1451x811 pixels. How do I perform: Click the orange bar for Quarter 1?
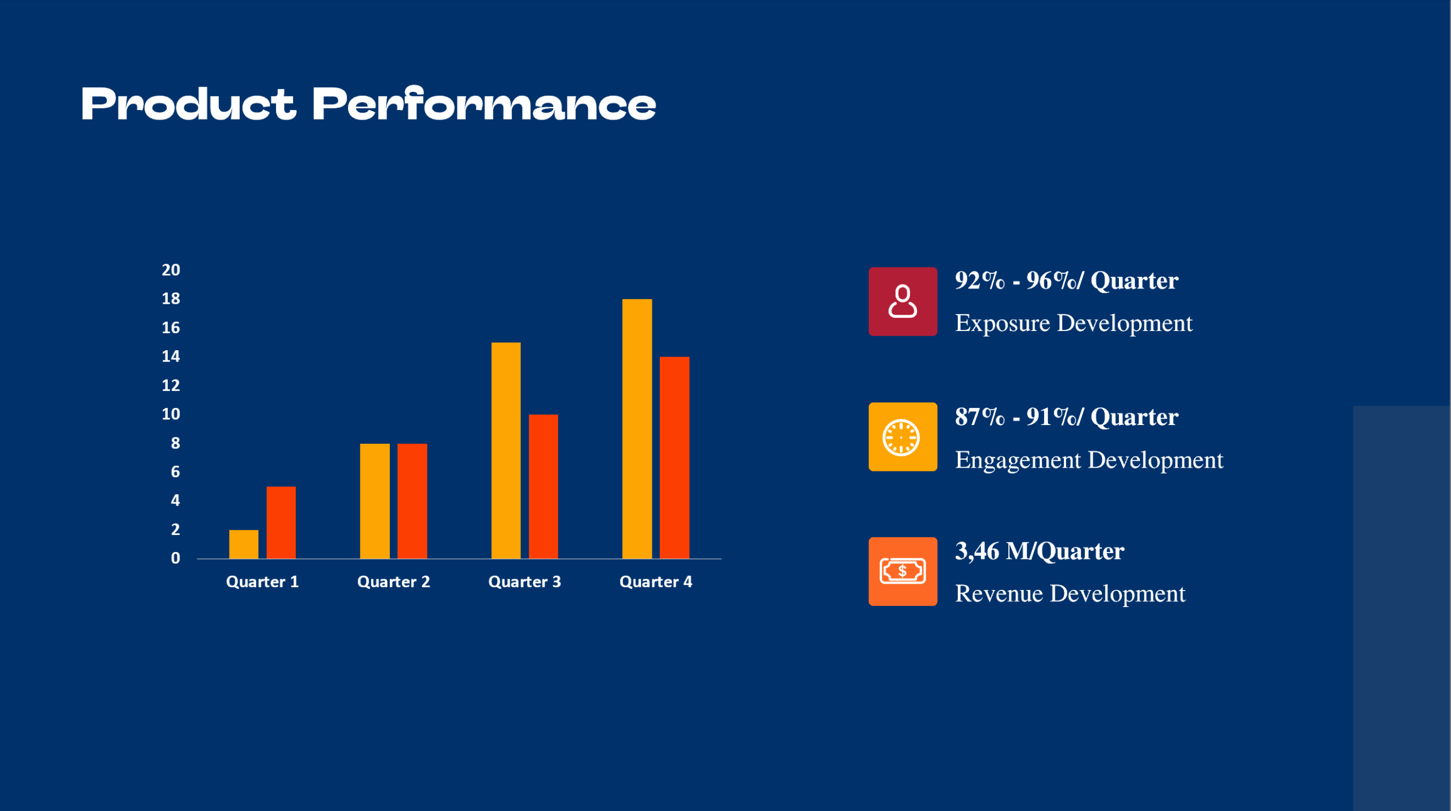[244, 544]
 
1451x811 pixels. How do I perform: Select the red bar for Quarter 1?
[281, 523]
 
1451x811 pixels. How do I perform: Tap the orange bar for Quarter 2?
[375, 501]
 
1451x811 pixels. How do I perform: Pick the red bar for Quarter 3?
[543, 486]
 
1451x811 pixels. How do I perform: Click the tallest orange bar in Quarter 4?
[637, 428]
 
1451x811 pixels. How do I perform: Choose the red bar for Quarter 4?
[674, 457]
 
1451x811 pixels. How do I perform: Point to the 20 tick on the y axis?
[171, 270]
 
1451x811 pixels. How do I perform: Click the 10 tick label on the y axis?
[171, 414]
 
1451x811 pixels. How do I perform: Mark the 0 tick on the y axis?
[175, 558]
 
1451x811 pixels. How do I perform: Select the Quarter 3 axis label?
[524, 582]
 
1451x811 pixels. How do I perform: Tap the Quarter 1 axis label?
[262, 582]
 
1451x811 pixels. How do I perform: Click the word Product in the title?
[188, 105]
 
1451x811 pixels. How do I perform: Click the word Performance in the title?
[484, 105]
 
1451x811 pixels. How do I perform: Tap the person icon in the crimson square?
[902, 302]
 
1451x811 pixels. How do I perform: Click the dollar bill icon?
[902, 571]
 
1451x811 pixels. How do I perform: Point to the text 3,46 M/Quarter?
[1039, 551]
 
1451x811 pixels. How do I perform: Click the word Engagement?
[1018, 460]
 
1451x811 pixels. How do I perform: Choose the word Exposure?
[1002, 324]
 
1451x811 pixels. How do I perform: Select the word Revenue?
[999, 594]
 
